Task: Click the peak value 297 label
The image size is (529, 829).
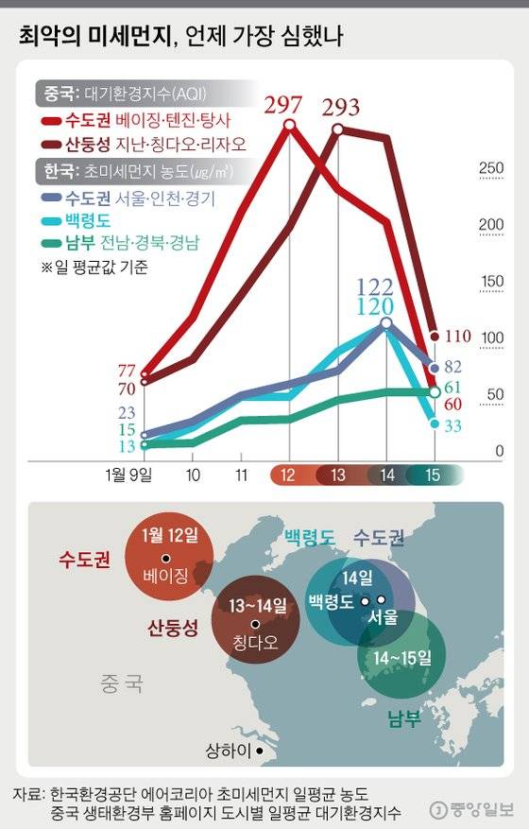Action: (x=289, y=105)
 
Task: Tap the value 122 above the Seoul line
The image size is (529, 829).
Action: (x=375, y=287)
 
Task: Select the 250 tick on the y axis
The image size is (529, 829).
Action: (x=492, y=168)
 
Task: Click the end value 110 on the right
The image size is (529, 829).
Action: (x=457, y=336)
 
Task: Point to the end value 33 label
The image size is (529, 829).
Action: (x=452, y=426)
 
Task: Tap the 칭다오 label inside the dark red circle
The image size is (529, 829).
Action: (x=253, y=643)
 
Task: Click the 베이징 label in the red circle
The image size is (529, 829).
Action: (x=166, y=575)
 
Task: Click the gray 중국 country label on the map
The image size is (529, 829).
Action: (x=121, y=682)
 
